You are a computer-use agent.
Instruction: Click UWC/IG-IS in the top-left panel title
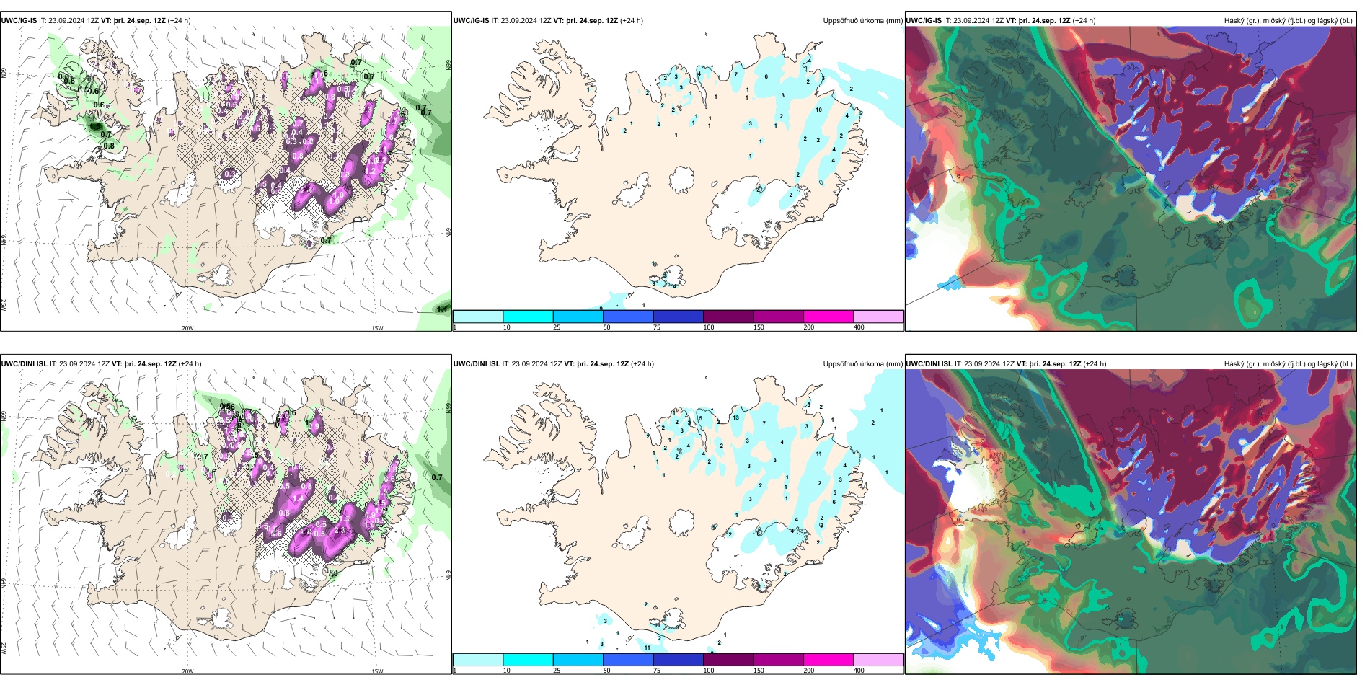[x=19, y=21]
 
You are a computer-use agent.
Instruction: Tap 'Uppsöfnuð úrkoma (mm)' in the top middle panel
[x=862, y=21]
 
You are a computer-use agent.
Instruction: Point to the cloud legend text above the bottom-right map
[x=1288, y=364]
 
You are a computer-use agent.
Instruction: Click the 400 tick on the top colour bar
[x=859, y=327]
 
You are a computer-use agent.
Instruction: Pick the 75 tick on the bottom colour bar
[x=657, y=671]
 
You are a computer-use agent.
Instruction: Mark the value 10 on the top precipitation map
[x=818, y=110]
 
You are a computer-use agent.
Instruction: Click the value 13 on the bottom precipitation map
[x=735, y=417]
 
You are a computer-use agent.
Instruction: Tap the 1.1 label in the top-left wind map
[x=442, y=310]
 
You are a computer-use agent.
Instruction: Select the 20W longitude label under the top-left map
[x=187, y=328]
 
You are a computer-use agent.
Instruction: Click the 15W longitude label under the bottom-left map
[x=377, y=671]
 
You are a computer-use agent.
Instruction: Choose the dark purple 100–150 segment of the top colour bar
[x=728, y=317]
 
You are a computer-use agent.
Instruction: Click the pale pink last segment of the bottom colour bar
[x=878, y=660]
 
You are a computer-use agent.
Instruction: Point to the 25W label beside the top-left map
[x=4, y=305]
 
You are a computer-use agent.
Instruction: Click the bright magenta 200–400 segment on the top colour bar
[x=828, y=317]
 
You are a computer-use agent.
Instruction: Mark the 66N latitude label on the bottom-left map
[x=4, y=417]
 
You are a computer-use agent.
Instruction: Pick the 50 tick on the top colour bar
[x=606, y=327]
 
